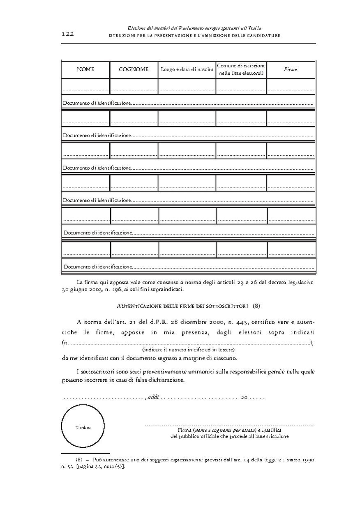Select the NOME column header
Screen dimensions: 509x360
(85, 69)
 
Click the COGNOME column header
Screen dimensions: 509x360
(134, 69)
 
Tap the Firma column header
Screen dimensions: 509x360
(291, 69)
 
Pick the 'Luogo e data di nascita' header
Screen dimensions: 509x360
(187, 70)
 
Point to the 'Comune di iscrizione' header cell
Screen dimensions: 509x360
(241, 66)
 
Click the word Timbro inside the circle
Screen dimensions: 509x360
(83, 428)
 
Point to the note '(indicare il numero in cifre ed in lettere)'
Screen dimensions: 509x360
(189, 350)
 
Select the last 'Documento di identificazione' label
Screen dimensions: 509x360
(98, 267)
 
